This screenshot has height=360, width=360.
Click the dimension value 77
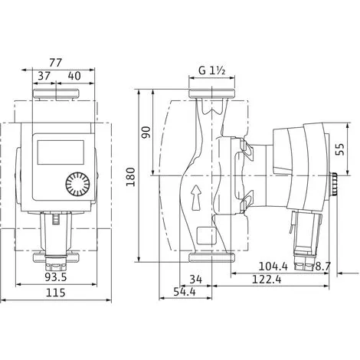[56, 63]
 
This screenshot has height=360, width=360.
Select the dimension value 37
[44, 76]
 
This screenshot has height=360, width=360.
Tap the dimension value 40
[74, 76]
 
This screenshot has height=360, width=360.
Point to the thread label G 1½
[211, 70]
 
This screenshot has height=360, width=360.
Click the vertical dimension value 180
[131, 177]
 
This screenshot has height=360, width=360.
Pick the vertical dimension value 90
[146, 133]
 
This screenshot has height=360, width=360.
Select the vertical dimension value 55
[340, 149]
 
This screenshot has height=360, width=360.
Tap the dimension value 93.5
[56, 277]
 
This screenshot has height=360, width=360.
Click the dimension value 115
[55, 293]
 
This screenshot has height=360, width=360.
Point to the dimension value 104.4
[273, 267]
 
